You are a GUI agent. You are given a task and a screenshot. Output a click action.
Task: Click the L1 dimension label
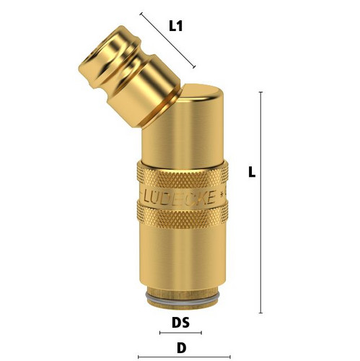coord(176,26)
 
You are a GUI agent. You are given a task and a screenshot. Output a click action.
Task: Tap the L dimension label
coord(252,173)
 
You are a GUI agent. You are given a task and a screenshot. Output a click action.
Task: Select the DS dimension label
coord(180,323)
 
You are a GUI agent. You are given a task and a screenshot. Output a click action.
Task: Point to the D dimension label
coord(182,348)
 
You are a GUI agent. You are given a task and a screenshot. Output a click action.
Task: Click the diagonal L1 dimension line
coord(167,40)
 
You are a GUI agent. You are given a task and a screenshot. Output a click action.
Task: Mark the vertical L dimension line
coord(260,202)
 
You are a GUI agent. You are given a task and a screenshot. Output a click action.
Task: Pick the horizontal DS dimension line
coord(180,333)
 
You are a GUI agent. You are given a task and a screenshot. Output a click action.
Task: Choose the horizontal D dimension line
coord(184,357)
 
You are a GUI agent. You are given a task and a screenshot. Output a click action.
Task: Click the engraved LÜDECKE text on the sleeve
coord(179,198)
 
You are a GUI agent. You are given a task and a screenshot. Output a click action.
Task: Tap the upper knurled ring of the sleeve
coord(183,175)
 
